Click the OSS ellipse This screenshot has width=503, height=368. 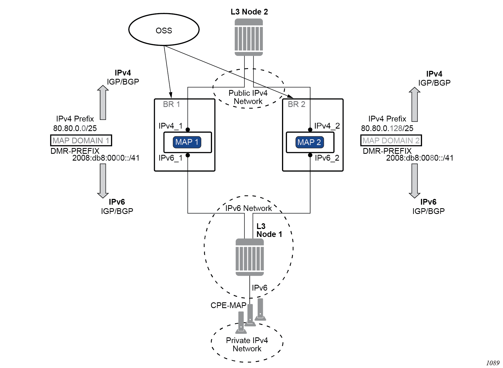point(164,30)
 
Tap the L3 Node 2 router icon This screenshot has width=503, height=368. point(249,37)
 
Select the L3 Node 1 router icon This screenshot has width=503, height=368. point(249,257)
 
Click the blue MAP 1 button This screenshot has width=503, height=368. point(187,142)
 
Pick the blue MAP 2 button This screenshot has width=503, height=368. point(309,142)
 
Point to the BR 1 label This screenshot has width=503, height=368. point(171,104)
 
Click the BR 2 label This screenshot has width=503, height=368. point(296,104)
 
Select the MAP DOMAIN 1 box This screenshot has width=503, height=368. point(81,140)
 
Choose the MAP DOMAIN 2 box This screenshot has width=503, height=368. point(391,140)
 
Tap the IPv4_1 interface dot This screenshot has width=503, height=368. point(188,129)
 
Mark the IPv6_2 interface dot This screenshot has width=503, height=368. point(310,155)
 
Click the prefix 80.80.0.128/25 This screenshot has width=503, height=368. point(387,128)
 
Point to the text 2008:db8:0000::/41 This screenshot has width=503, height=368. point(106,158)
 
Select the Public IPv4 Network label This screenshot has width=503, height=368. point(248,97)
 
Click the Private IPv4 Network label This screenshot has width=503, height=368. point(247,344)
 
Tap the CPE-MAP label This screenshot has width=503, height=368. point(228,305)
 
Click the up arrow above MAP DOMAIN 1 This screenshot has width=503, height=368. point(103,103)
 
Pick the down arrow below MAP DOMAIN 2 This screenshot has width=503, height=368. point(415,181)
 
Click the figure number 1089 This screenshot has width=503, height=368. point(493,363)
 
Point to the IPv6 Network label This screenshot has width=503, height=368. point(248,208)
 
